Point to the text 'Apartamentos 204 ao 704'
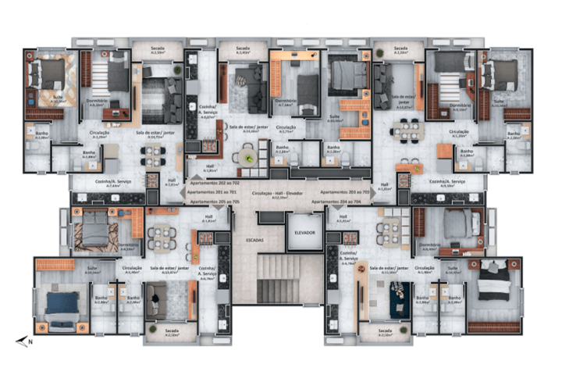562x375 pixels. [341, 201]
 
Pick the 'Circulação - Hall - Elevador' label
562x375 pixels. [278, 191]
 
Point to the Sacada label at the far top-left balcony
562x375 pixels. [157, 50]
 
